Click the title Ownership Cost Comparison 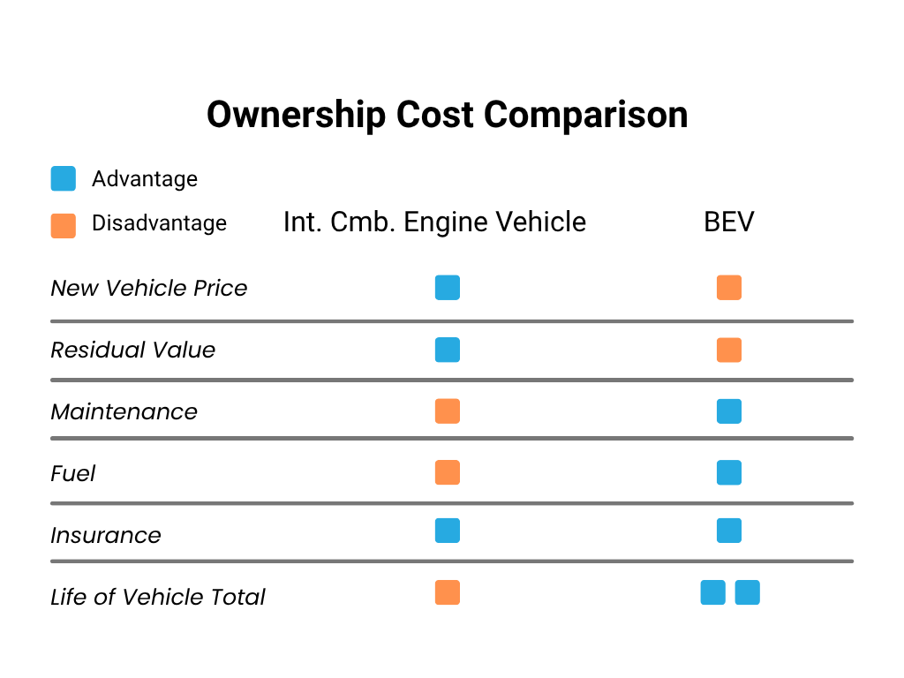pyautogui.click(x=447, y=115)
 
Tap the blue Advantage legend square pyautogui.click(x=64, y=179)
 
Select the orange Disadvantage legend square pyautogui.click(x=64, y=225)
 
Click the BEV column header pyautogui.click(x=729, y=222)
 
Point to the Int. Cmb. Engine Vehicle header pyautogui.click(x=434, y=222)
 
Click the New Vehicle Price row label pyautogui.click(x=149, y=289)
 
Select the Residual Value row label pyautogui.click(x=133, y=350)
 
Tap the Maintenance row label pyautogui.click(x=124, y=412)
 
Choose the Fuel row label pyautogui.click(x=73, y=474)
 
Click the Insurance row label pyautogui.click(x=106, y=536)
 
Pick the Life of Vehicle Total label pyautogui.click(x=158, y=598)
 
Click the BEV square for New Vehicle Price pyautogui.click(x=729, y=288)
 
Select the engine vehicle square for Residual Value pyautogui.click(x=448, y=350)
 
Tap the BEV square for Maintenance pyautogui.click(x=729, y=411)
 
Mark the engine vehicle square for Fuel pyautogui.click(x=448, y=473)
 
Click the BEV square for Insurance pyautogui.click(x=729, y=531)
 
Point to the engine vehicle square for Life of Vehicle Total pyautogui.click(x=448, y=592)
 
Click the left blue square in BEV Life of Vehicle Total pyautogui.click(x=712, y=592)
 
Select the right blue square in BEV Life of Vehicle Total pyautogui.click(x=747, y=592)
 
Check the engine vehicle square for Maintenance pyautogui.click(x=448, y=411)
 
